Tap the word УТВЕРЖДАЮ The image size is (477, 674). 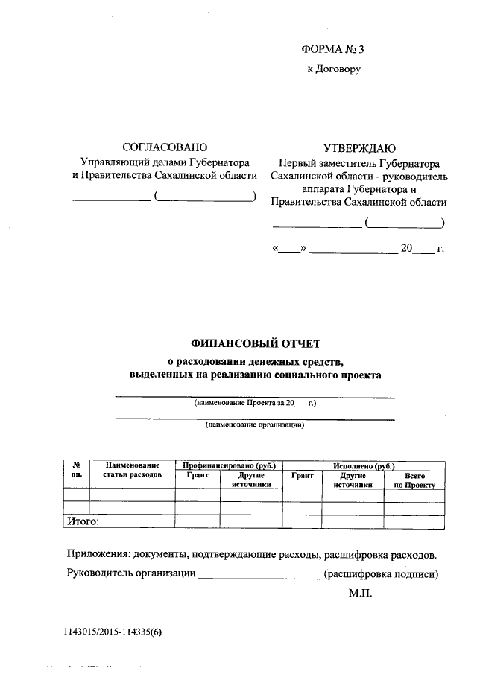click(359, 147)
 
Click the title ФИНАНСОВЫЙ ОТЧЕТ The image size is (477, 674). click(254, 344)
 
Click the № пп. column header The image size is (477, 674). click(76, 469)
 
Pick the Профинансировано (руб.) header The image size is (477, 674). click(229, 465)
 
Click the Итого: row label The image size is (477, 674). click(83, 522)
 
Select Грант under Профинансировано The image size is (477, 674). click(198, 474)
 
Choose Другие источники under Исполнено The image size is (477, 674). click(353, 479)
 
